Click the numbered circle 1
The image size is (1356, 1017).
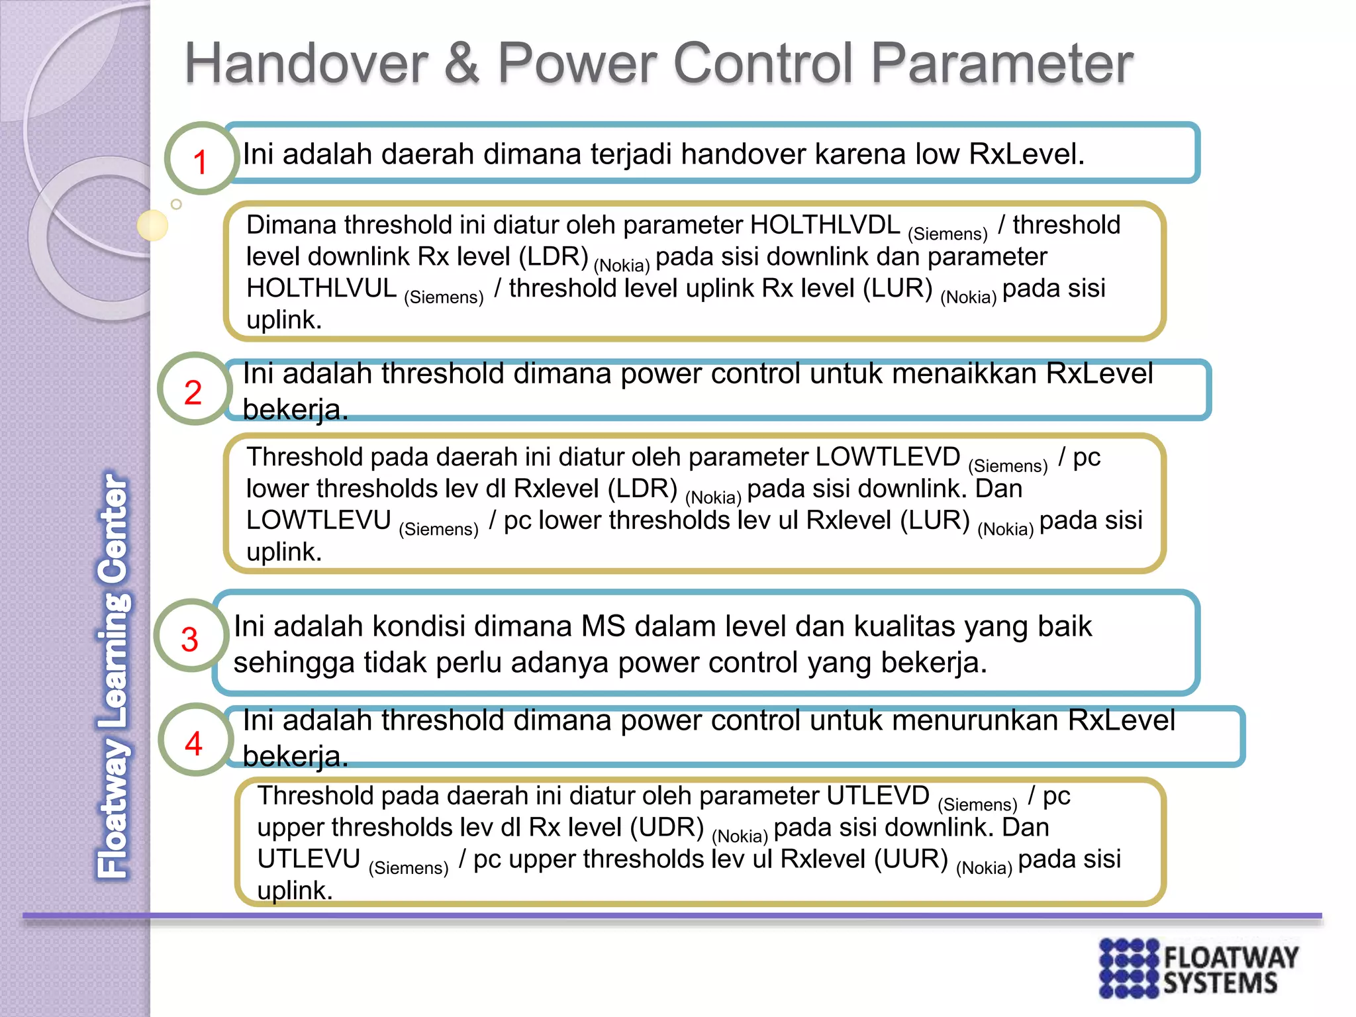pos(201,159)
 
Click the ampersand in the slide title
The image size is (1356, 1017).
pos(461,63)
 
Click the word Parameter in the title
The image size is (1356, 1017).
pos(1002,63)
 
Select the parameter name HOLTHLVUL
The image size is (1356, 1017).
pos(321,289)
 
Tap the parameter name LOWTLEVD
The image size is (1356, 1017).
pos(887,457)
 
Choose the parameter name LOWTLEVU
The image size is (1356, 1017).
pos(318,520)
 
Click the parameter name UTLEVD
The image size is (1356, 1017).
pos(877,796)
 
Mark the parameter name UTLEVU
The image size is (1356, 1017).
pos(309,859)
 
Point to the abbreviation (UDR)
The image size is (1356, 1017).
pos(667,828)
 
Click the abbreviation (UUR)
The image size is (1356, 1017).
pos(911,859)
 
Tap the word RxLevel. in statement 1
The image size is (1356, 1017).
pos(1026,154)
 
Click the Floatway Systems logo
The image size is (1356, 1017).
pos(1198,967)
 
